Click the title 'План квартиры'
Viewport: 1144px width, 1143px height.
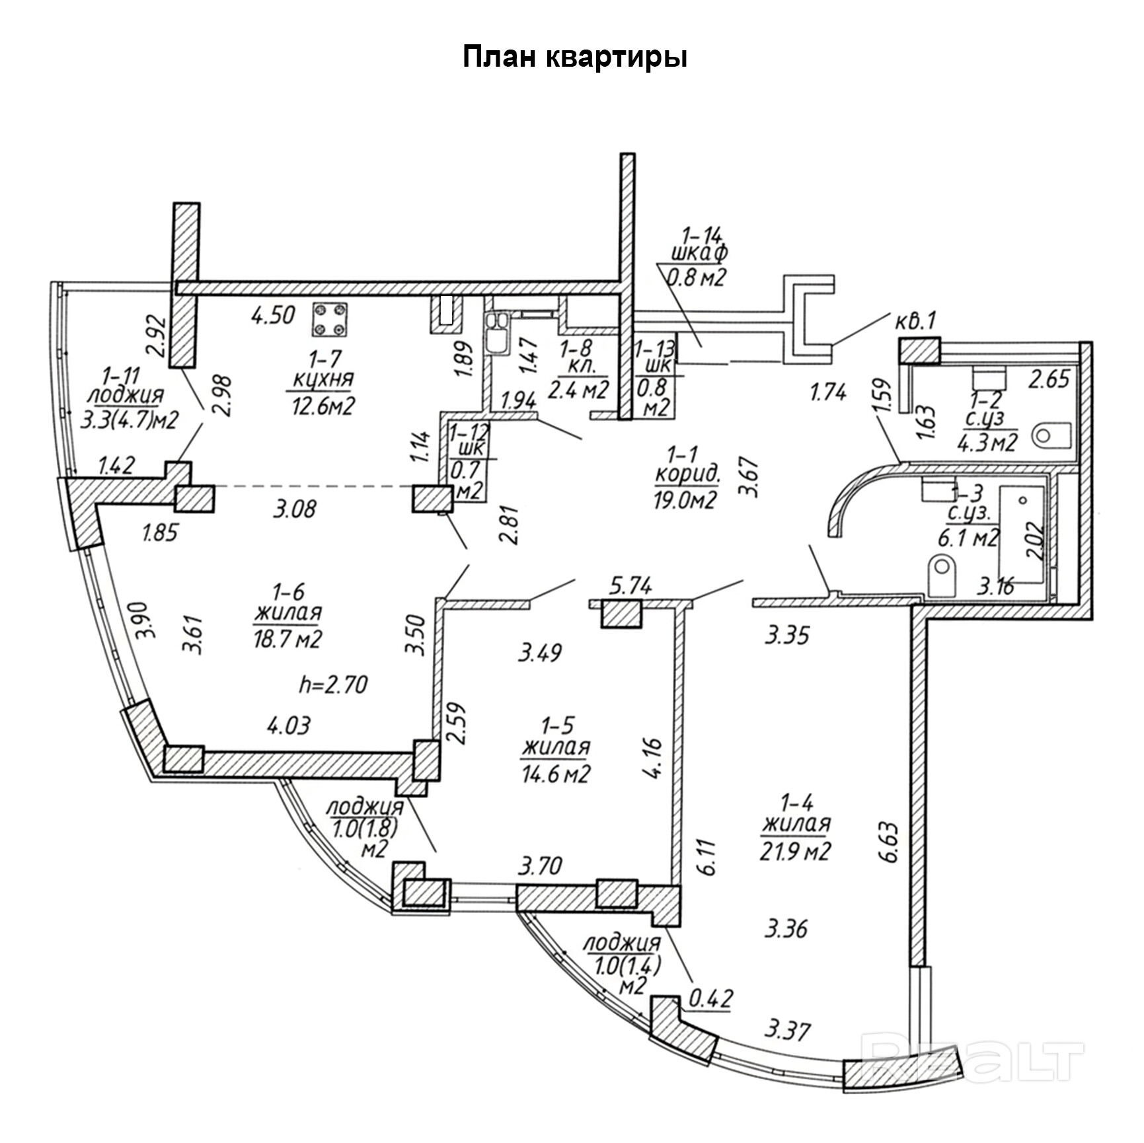(x=574, y=58)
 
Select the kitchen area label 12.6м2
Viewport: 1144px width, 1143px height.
(x=323, y=404)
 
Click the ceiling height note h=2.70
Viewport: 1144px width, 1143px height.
(x=333, y=684)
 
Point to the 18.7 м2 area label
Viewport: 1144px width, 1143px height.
(x=287, y=639)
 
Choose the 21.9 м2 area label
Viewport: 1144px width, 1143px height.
(x=796, y=851)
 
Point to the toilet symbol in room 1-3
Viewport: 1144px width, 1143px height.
(x=942, y=575)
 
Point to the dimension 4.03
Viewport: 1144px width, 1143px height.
(x=288, y=725)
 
